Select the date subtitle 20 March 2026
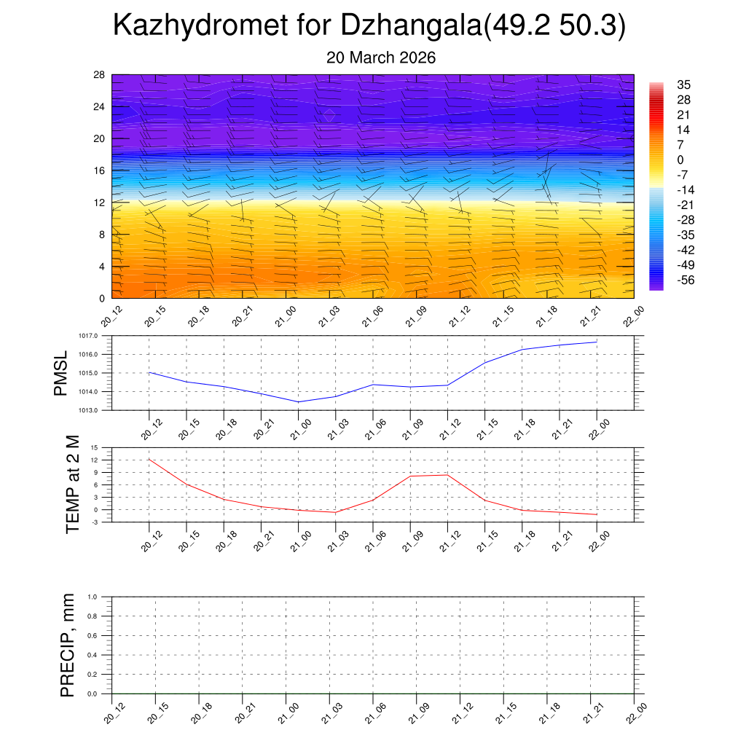[x=380, y=58]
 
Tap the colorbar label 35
[x=683, y=85]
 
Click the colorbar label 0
[x=680, y=160]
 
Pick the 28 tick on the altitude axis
[x=100, y=74]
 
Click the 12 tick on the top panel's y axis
[x=100, y=202]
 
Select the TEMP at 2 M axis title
[x=72, y=484]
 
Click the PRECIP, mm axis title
[x=68, y=645]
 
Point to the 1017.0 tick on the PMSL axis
[x=98, y=336]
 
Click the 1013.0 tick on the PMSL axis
[x=98, y=411]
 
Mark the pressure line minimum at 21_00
[x=298, y=401]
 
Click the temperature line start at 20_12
[x=149, y=459]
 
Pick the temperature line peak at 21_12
[x=447, y=475]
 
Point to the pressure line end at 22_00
[x=597, y=342]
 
